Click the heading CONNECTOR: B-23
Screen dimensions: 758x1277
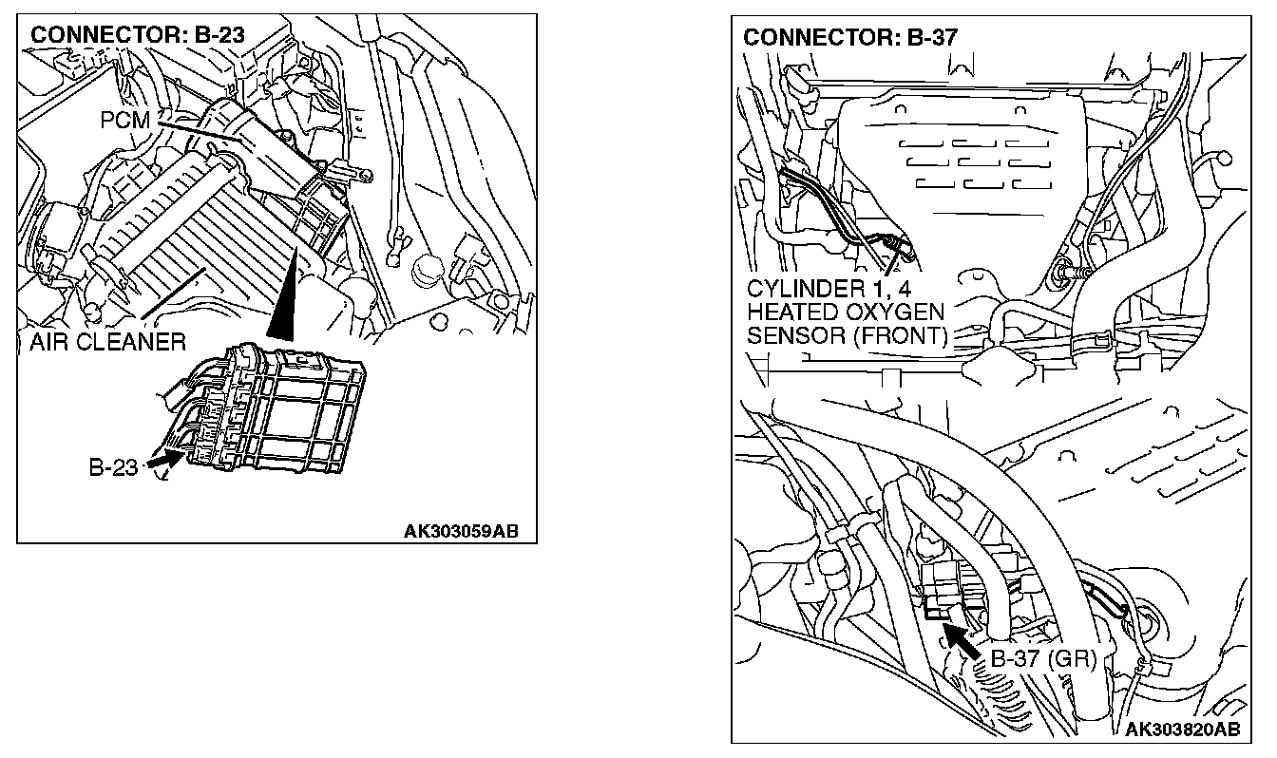click(138, 35)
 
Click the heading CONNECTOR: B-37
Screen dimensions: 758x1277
click(849, 37)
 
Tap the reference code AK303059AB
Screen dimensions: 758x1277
click(461, 530)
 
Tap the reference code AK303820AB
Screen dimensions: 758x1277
click(1182, 730)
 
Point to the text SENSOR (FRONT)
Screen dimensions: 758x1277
click(847, 335)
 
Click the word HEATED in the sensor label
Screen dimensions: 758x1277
click(791, 313)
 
